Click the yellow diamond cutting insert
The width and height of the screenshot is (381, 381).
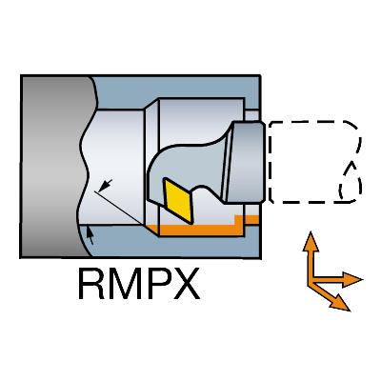(179, 201)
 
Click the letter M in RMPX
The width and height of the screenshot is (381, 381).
(124, 284)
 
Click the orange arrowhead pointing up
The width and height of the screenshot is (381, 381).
(311, 242)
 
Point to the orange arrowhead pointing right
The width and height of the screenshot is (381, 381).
(351, 280)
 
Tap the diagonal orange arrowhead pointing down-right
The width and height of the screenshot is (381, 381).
(339, 303)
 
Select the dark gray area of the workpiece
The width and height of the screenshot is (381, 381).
(50, 167)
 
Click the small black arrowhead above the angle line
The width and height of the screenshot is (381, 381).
(106, 185)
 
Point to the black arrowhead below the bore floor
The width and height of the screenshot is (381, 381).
(90, 235)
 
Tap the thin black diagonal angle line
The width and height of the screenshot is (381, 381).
(118, 207)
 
